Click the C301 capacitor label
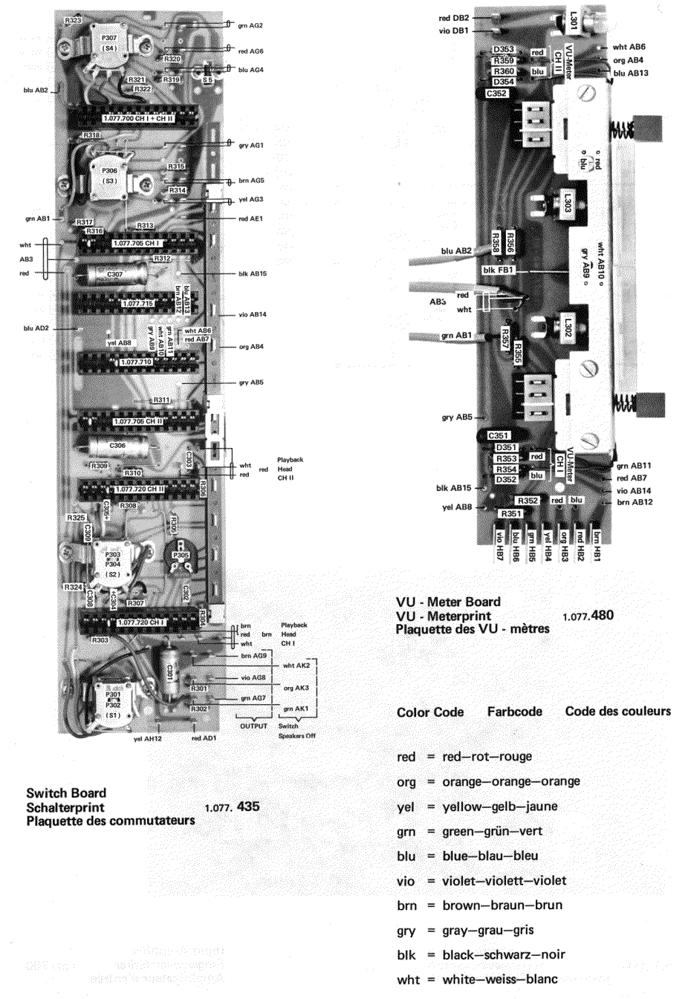169,673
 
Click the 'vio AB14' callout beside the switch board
253,315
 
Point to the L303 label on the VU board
567,201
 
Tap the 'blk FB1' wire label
499,270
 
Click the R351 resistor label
510,514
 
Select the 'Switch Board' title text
66,793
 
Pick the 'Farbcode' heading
514,711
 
